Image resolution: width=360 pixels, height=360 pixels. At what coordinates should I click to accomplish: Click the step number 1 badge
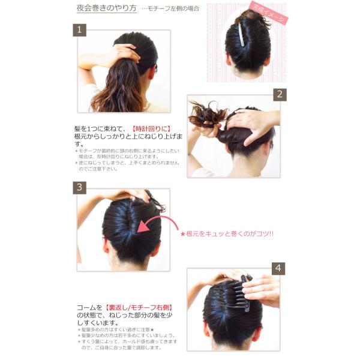(x=80, y=30)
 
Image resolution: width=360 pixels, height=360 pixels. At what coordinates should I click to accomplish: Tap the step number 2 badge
(x=279, y=94)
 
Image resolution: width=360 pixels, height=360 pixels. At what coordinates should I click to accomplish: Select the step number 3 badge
(x=80, y=187)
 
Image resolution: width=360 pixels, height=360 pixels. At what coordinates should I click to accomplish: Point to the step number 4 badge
(x=278, y=268)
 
